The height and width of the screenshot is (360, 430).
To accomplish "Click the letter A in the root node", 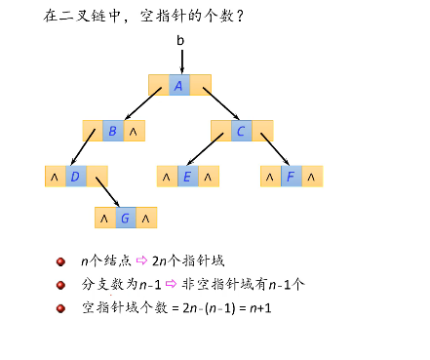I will pos(178,85).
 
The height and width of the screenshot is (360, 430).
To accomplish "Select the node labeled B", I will pos(113,131).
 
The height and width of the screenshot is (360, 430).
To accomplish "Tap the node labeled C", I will pos(241,131).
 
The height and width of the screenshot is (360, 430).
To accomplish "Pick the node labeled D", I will pos(75,177).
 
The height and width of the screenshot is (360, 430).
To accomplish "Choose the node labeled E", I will pos(186,177).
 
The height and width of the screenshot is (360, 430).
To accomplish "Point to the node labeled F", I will pos(290,177).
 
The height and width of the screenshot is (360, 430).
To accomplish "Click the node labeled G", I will pos(125,218).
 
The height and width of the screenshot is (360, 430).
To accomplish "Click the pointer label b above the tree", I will pos(179,40).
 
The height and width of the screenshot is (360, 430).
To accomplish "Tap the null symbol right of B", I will pos(135,131).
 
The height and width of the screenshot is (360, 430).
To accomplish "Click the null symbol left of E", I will pos(166,177).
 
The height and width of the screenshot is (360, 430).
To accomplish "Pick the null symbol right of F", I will pos(310,177).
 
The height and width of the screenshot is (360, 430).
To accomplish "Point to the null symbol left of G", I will pos(103,218).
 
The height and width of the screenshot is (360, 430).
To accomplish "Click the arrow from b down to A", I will pos(179,59).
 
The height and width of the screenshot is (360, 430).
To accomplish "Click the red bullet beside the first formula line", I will pos(60,261).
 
